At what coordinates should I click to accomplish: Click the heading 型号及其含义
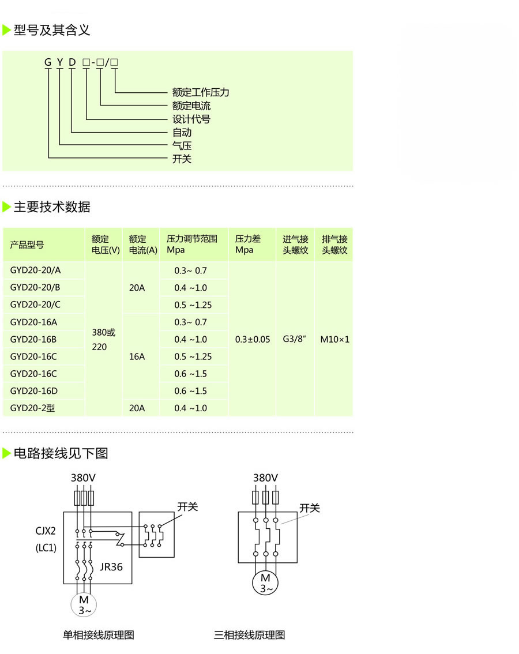[52, 30]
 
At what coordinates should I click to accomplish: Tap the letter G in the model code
[48, 62]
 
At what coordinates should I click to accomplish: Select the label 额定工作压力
[201, 92]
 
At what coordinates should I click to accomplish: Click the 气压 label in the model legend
[182, 146]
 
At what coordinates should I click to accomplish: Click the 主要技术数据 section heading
[52, 207]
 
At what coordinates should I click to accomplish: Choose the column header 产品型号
[27, 245]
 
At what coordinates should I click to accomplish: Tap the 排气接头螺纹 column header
[334, 245]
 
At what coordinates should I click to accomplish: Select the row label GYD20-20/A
[35, 270]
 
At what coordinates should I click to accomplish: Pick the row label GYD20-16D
[34, 391]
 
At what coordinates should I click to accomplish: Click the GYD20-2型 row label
[32, 408]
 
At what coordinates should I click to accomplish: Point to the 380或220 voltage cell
[104, 340]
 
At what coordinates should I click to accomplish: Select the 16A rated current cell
[137, 356]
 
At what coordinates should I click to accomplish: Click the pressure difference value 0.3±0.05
[252, 340]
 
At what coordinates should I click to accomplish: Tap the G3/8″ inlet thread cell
[295, 340]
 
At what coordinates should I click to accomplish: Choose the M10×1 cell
[334, 340]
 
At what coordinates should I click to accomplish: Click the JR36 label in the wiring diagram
[111, 567]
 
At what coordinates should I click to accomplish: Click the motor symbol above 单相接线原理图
[84, 604]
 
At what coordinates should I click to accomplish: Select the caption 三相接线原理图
[249, 635]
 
